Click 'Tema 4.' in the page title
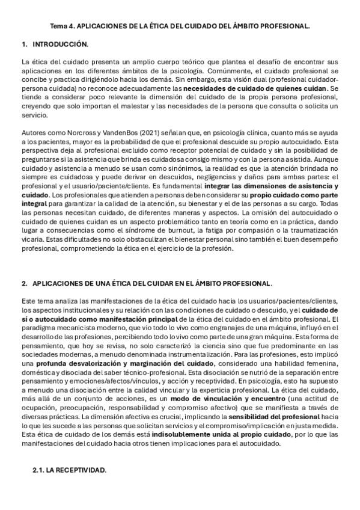click(x=61, y=26)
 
